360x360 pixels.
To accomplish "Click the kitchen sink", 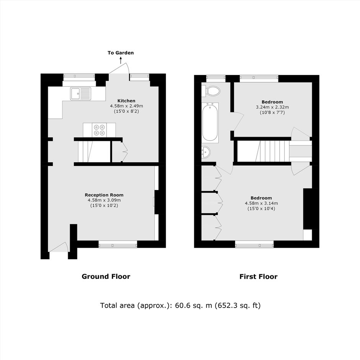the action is tap(80, 94).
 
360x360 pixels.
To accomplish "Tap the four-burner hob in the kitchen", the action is tap(100, 130).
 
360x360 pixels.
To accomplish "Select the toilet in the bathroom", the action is tap(211, 91).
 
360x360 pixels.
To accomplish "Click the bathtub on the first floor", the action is tap(210, 123).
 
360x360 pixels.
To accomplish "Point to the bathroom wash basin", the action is tap(206, 152).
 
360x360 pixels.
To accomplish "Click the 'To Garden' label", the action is tap(121, 53).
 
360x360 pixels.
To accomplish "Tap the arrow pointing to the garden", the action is tap(121, 60).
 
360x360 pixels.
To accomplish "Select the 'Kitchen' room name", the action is tap(126, 101).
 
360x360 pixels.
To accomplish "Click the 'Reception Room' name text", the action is tap(104, 195).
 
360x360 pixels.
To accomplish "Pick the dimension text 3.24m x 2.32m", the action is tap(272, 107).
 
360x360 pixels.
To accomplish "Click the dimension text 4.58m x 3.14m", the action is tap(261, 203).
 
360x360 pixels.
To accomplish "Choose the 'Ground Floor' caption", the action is tap(106, 277).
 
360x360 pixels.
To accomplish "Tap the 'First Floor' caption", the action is tap(258, 277).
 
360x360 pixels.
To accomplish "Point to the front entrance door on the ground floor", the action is tap(59, 247).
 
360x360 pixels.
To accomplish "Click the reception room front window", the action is tap(118, 244).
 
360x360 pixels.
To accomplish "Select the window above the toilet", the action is tap(216, 79).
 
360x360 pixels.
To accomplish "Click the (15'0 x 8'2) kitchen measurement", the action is tap(126, 111).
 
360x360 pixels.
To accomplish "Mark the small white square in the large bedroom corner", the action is tap(308, 235).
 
